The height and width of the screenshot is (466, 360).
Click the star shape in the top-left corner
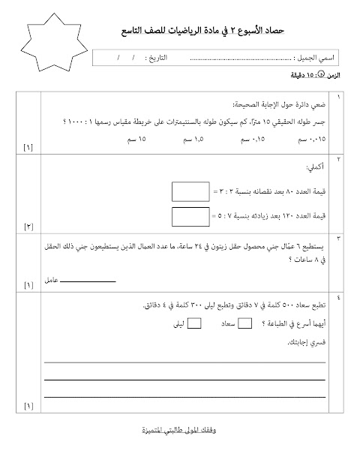52,44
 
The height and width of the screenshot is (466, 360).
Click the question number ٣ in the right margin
339,239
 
